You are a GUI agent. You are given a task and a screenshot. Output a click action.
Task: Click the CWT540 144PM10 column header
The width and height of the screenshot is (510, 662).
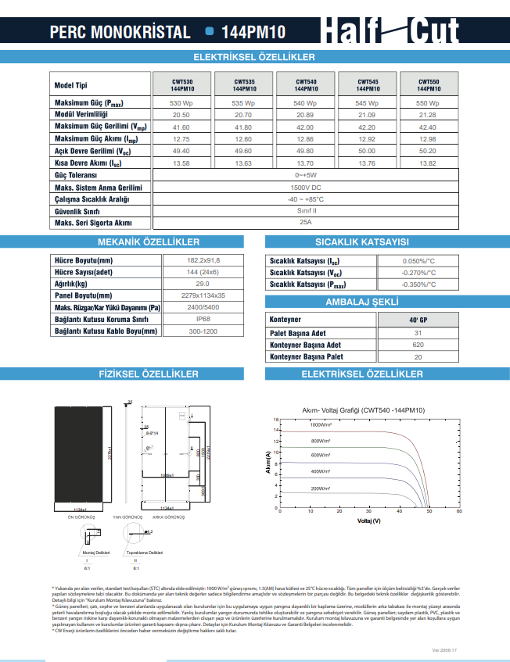(306, 85)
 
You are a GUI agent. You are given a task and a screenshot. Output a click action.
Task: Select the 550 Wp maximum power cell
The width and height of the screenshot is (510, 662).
(427, 103)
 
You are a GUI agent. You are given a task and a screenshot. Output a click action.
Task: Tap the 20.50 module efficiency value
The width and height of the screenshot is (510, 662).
(181, 115)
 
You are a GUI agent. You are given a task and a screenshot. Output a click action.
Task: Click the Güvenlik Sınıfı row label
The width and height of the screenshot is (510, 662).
(77, 211)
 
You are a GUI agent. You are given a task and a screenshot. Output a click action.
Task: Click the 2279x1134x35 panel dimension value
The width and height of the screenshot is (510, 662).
(203, 295)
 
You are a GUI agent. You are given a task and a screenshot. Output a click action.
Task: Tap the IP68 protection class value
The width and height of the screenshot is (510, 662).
(203, 319)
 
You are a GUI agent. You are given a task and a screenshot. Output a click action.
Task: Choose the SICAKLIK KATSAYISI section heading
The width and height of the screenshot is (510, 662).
(362, 242)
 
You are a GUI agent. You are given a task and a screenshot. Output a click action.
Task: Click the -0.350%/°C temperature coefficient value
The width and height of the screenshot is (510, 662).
(418, 285)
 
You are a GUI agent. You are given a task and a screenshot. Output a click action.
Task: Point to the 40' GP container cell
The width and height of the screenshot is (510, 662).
(418, 320)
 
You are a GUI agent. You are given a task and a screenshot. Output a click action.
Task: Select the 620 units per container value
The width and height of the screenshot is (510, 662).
(418, 345)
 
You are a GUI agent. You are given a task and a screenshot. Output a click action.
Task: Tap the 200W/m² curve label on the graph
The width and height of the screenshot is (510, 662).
(320, 488)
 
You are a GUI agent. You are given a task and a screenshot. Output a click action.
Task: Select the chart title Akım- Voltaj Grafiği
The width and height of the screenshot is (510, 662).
(363, 410)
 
